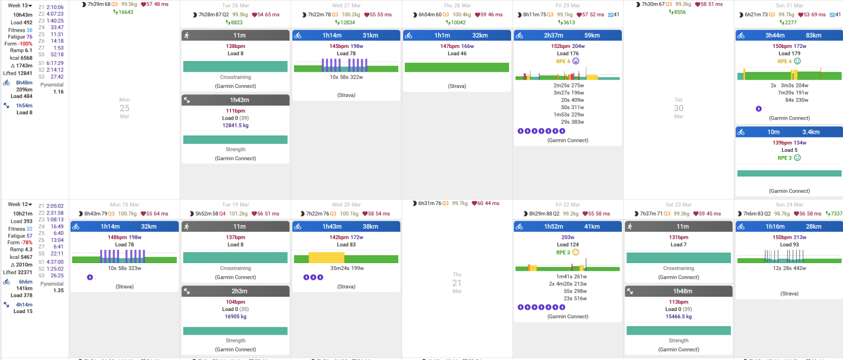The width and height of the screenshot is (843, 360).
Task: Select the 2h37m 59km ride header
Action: click(x=567, y=35)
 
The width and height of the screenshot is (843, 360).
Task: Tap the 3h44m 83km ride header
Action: click(x=789, y=35)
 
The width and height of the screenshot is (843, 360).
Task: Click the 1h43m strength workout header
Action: click(x=236, y=100)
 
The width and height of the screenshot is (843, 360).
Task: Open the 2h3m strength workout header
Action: click(x=236, y=291)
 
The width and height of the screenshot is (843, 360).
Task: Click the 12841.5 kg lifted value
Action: click(x=236, y=125)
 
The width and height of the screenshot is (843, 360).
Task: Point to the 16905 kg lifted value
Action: click(x=236, y=317)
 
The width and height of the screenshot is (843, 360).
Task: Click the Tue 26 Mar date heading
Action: click(x=236, y=5)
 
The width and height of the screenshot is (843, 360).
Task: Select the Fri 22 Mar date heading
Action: click(x=567, y=205)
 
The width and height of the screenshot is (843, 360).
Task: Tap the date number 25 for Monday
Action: click(x=124, y=108)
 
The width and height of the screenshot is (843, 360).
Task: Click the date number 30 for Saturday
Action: click(x=679, y=108)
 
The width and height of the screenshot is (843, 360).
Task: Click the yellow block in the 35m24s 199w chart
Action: click(x=326, y=258)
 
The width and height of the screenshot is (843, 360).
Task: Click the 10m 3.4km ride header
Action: click(x=789, y=132)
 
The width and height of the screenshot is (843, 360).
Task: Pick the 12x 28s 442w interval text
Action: click(x=789, y=268)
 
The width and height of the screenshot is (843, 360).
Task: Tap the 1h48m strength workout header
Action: click(x=679, y=291)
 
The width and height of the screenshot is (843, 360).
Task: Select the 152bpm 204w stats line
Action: click(x=567, y=46)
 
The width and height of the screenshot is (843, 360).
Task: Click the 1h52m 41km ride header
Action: click(x=567, y=226)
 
